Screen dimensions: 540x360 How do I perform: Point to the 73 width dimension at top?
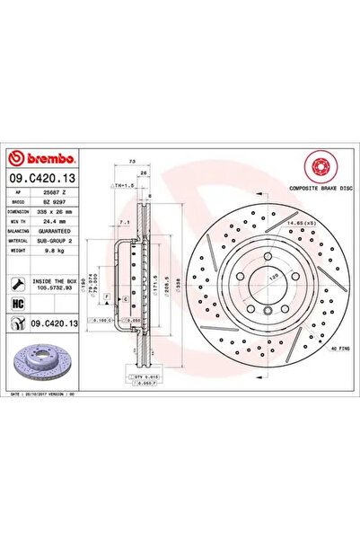(x=132, y=159)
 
